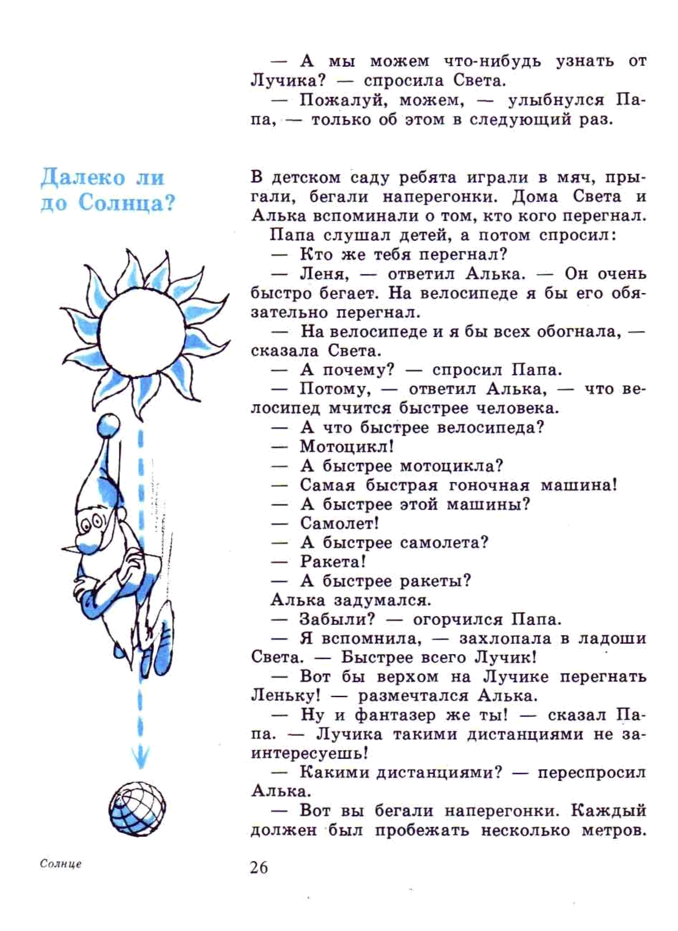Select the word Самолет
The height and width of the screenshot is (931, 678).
tap(339, 523)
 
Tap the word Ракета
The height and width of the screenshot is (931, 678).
tap(333, 562)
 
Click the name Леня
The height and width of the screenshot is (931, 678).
tap(324, 274)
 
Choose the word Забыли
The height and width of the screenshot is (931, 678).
tap(337, 619)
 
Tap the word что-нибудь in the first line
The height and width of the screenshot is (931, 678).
tap(492, 62)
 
